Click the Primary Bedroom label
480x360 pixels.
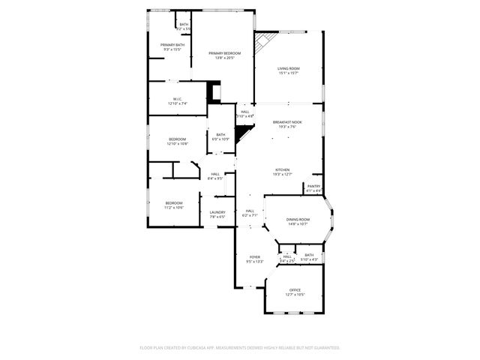pyautogui.click(x=225, y=53)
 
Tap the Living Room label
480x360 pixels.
pyautogui.click(x=289, y=68)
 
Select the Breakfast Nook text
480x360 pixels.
pyautogui.click(x=287, y=121)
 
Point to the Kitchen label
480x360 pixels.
pyautogui.click(x=282, y=169)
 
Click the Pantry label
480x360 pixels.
pyautogui.click(x=313, y=186)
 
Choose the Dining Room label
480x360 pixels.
pyautogui.click(x=298, y=219)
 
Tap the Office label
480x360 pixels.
pyautogui.click(x=295, y=289)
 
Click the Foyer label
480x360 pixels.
pyautogui.click(x=255, y=256)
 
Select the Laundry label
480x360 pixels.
pyautogui.click(x=217, y=212)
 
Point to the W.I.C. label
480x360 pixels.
pyautogui.click(x=178, y=98)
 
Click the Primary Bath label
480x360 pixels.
pyautogui.click(x=172, y=45)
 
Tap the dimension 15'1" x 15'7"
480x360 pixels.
pyautogui.click(x=289, y=73)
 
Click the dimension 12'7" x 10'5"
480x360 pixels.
pyautogui.click(x=295, y=294)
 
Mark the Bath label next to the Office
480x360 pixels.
pyautogui.click(x=309, y=255)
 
